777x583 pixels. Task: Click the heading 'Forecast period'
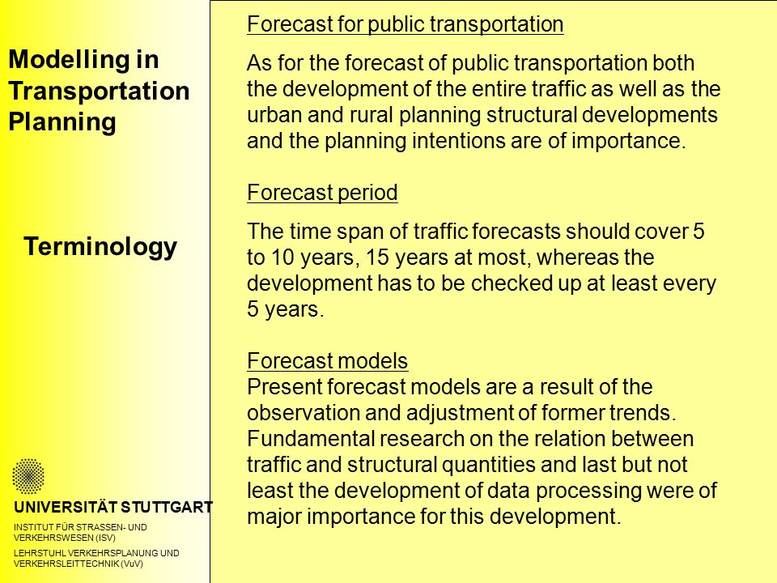tap(322, 193)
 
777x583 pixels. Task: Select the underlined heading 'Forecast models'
tap(327, 360)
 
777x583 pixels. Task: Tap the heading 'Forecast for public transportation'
tap(405, 24)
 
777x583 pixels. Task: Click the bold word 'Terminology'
tap(100, 246)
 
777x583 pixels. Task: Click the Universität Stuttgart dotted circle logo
tap(28, 476)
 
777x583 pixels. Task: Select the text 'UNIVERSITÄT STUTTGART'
tap(113, 507)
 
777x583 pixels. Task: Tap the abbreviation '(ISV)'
tap(105, 538)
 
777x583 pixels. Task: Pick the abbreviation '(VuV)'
tap(132, 564)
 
